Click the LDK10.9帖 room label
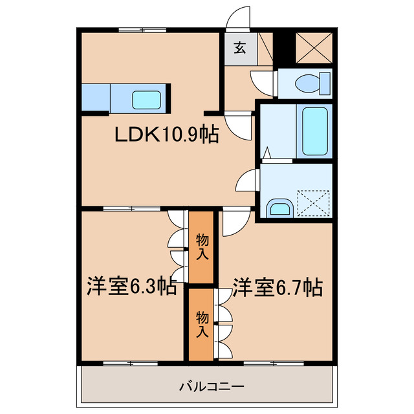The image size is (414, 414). (x=166, y=135)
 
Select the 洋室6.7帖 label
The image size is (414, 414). (x=278, y=287)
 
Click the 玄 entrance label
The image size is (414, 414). (x=239, y=47)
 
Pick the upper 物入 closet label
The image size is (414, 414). (x=202, y=248)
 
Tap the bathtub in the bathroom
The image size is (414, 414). (x=315, y=131)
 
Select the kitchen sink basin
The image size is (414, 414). (x=148, y=99)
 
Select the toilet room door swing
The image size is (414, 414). (x=263, y=82)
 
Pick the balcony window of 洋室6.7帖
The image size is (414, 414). (x=265, y=363)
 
